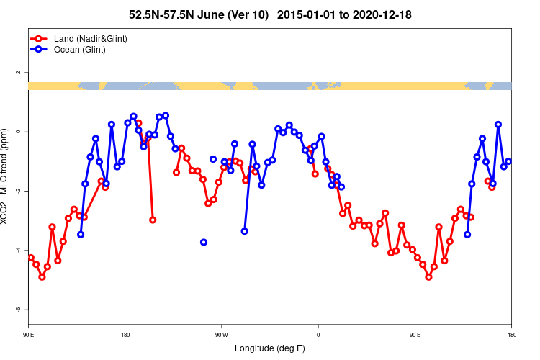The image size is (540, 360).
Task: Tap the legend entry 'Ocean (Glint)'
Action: coord(79,50)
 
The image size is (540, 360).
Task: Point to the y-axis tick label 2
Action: coord(17,73)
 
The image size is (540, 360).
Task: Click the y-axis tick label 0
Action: coord(17,132)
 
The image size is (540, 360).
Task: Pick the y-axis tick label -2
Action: coord(17,191)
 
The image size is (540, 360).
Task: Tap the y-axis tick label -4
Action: coord(17,250)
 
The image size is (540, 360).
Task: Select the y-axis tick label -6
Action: coord(17,309)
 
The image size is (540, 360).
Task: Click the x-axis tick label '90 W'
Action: coord(221,335)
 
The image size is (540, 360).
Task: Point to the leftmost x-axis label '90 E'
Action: coord(29,335)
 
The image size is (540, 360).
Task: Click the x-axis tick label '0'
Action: coord(318,335)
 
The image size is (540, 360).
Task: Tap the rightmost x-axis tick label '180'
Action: coord(511,335)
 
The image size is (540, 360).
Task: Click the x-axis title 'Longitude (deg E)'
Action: coord(270,348)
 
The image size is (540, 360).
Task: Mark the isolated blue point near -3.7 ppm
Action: coord(204,242)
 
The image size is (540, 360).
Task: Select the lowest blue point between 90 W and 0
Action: coord(245,231)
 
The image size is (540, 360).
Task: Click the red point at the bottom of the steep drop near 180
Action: coord(153,220)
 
